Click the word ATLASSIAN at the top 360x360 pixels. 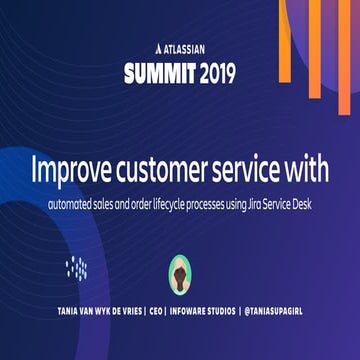[x=187, y=47]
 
